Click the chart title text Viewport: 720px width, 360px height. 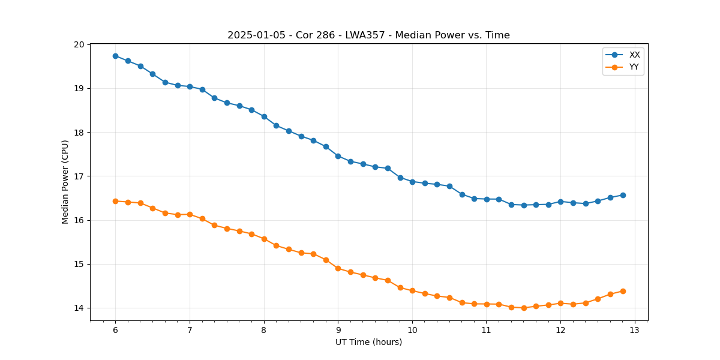tap(368, 35)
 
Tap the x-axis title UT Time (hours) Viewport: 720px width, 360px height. tap(368, 342)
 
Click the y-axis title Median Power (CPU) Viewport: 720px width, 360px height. tap(65, 182)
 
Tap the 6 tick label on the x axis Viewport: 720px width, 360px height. tap(115, 330)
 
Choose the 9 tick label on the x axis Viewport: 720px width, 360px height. tap(338, 330)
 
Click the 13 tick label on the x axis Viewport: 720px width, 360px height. tap(635, 330)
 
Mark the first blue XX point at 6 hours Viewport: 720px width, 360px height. tap(115, 56)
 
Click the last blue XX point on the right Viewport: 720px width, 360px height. tap(623, 195)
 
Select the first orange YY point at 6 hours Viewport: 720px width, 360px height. tap(115, 201)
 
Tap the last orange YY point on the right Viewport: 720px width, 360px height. tap(623, 291)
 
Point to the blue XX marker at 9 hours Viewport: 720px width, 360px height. tap(338, 156)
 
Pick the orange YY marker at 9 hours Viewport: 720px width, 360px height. tap(338, 268)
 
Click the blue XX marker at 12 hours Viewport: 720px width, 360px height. tap(560, 202)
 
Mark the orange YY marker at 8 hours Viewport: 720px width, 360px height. tap(264, 239)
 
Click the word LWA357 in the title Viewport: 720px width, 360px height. tap(362, 35)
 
